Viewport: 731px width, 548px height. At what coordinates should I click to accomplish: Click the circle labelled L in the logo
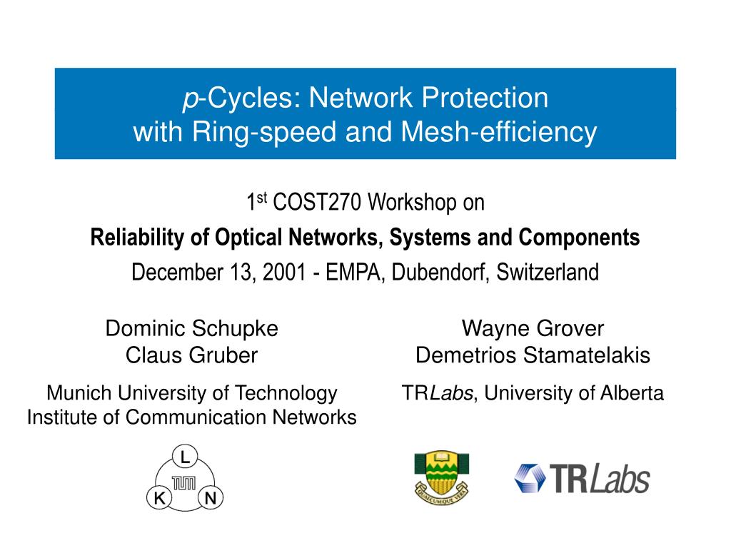point(185,457)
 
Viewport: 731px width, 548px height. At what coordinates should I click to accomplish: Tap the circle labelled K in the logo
point(159,497)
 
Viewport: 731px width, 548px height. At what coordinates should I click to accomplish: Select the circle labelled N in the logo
point(211,497)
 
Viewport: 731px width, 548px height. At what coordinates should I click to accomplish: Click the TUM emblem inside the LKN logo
point(184,483)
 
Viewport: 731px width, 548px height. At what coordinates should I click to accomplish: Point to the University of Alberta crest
point(441,477)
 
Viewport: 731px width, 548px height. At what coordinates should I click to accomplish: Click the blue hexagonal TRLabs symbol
point(530,478)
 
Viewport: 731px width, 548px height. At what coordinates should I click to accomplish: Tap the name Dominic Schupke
point(191,328)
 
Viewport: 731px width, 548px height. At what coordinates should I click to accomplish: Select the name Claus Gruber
point(191,355)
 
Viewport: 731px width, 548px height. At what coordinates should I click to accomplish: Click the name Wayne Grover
point(533,328)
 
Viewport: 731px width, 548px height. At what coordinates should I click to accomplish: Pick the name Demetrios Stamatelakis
point(533,355)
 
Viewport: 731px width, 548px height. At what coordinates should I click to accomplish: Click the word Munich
point(79,393)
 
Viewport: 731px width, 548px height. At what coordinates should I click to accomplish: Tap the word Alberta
point(632,393)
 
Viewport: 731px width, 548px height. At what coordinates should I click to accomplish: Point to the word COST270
point(317,202)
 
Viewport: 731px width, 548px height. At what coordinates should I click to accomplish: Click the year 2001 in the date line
point(284,272)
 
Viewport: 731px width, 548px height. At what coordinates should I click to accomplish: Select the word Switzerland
point(548,272)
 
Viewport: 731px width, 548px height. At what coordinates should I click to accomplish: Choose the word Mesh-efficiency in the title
point(499,132)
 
